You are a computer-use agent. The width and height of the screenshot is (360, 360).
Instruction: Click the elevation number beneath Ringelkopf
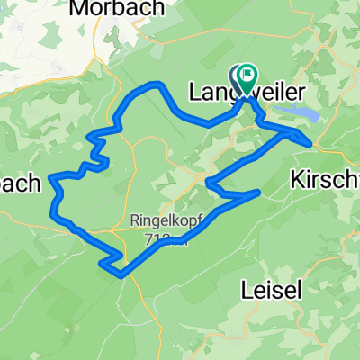[x=167, y=237]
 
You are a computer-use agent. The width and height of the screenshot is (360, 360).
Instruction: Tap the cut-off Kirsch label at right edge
[x=325, y=180]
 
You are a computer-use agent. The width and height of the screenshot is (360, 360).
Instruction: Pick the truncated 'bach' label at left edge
[x=20, y=184]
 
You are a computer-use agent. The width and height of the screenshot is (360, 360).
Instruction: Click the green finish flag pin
[x=247, y=76]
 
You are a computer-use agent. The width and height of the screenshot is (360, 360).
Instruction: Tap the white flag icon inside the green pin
[x=247, y=75]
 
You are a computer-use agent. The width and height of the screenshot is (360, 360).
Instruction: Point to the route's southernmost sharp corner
[x=121, y=275]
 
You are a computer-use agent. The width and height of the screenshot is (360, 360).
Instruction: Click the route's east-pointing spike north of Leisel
[x=259, y=192]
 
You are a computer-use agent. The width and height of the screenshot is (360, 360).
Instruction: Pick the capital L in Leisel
[x=246, y=290]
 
